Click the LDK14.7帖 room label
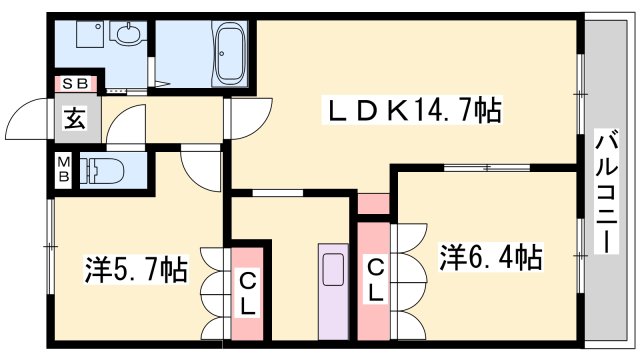click(412, 110)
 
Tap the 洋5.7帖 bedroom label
click(136, 269)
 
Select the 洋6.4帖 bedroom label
click(491, 257)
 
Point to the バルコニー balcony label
click(607, 191)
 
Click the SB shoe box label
click(76, 84)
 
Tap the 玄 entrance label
click(75, 118)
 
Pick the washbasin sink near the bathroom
click(128, 33)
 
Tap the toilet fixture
click(102, 170)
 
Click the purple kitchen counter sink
click(333, 291)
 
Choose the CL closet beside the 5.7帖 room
click(247, 294)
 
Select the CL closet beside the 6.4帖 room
click(374, 282)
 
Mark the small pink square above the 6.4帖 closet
click(374, 203)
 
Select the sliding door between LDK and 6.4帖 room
click(487, 167)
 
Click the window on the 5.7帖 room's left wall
click(51, 247)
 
